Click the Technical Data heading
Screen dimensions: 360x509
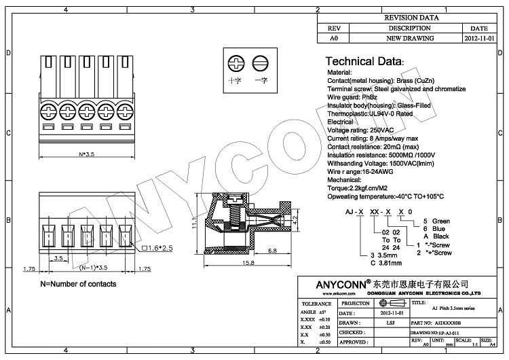(365, 61)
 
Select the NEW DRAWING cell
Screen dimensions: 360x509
(409, 39)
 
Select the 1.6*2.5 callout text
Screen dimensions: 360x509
(159, 249)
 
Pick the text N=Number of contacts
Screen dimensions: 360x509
(78, 284)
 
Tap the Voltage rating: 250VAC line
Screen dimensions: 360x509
(360, 130)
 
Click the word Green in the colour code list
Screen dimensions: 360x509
(441, 221)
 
